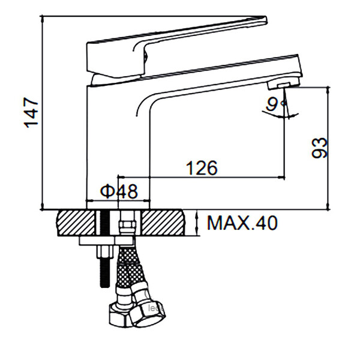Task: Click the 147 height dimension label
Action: click(x=31, y=113)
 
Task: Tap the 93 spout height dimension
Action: click(x=319, y=148)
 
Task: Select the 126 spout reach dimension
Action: click(x=202, y=168)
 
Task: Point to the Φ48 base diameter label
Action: click(x=119, y=191)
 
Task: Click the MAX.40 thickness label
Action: click(x=242, y=223)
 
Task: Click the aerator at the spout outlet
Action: click(x=284, y=84)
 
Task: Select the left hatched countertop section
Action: click(x=76, y=223)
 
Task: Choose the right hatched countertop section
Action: click(x=163, y=223)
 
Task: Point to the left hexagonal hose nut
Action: click(x=121, y=316)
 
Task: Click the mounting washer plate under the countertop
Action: click(x=106, y=241)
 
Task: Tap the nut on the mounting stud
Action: click(x=105, y=252)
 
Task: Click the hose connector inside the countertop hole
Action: click(x=127, y=223)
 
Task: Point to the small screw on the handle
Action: click(x=146, y=57)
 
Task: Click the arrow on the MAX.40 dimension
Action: click(x=197, y=223)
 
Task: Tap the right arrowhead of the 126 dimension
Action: click(x=281, y=177)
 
